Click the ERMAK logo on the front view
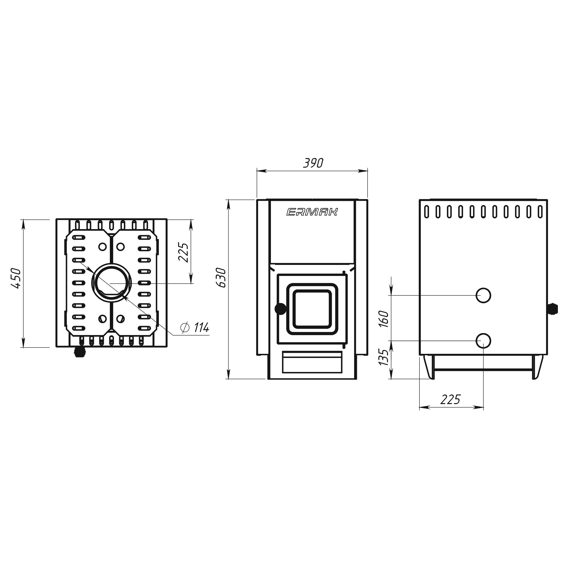pyautogui.click(x=312, y=212)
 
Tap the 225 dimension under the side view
pyautogui.click(x=450, y=399)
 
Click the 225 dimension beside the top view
pyautogui.click(x=183, y=252)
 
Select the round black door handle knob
pyautogui.click(x=281, y=309)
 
